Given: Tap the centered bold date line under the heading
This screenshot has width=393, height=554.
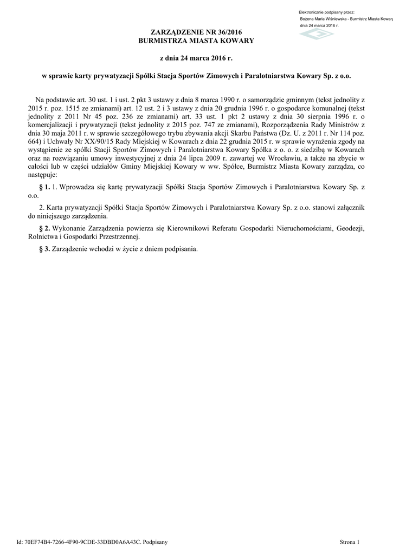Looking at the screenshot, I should pyautogui.click(x=196, y=57).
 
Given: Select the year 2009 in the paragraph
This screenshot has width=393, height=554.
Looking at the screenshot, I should pyautogui.click(x=202, y=157).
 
